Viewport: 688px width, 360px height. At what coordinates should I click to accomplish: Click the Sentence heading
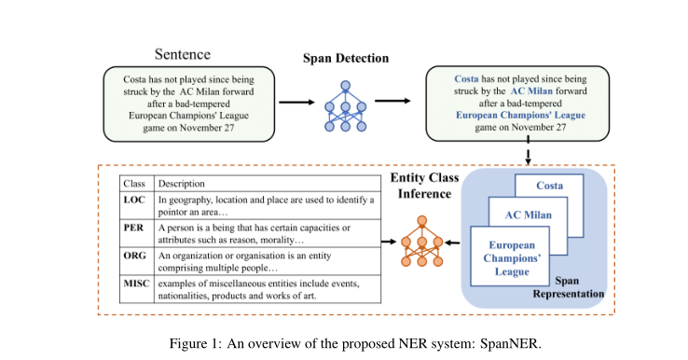(x=183, y=54)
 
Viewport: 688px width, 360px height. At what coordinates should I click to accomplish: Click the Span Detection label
(x=346, y=59)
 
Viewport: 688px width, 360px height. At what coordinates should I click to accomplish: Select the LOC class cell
(x=136, y=200)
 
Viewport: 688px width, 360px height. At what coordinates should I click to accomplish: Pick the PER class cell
(x=136, y=227)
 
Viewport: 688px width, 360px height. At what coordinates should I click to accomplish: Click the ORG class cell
(x=136, y=254)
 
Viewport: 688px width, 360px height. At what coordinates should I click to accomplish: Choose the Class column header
(x=135, y=184)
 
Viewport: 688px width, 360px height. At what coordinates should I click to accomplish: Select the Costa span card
(x=555, y=186)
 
